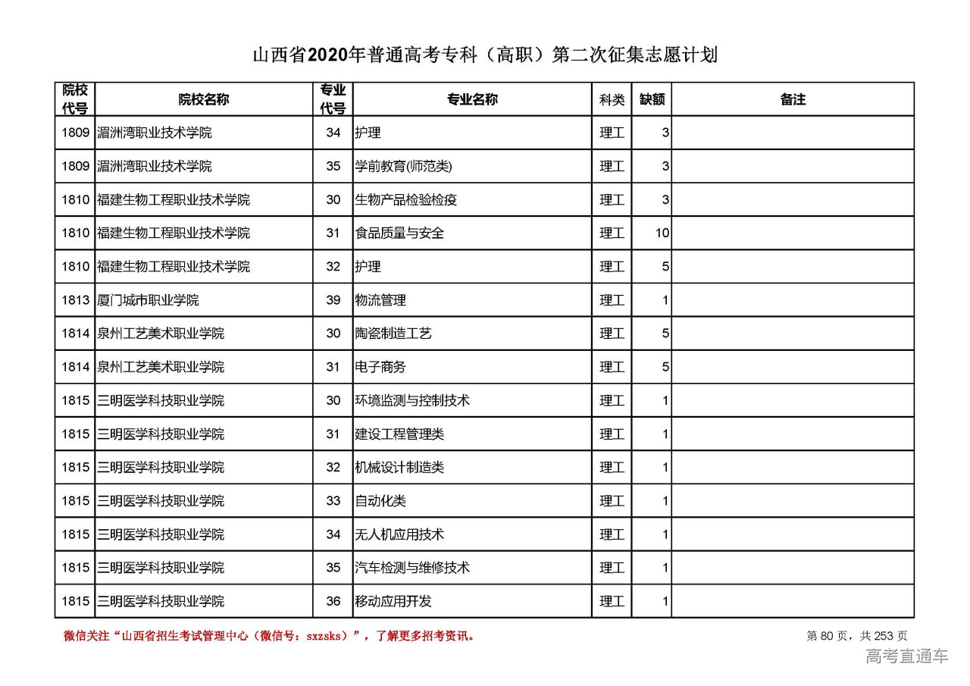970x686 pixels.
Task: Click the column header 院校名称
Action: coord(203,99)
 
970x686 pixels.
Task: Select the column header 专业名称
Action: coord(471,99)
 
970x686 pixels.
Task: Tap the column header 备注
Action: coord(792,99)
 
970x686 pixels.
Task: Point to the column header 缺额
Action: coord(652,99)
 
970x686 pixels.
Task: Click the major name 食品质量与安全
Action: coord(399,233)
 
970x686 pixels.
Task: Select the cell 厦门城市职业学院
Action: coord(148,300)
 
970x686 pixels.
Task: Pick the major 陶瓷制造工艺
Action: coord(393,334)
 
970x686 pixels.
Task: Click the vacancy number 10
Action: coord(662,233)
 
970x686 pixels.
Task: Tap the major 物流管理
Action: coord(380,300)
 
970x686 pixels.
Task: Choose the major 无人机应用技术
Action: coord(399,534)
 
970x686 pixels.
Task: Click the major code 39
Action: coord(333,300)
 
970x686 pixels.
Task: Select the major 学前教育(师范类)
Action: coord(403,167)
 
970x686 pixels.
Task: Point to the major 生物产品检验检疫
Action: coord(405,200)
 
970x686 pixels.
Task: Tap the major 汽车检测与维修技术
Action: coord(412,568)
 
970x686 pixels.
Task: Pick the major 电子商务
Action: coord(380,367)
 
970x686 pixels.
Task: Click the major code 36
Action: coord(333,601)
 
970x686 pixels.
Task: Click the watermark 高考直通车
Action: coord(907,656)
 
